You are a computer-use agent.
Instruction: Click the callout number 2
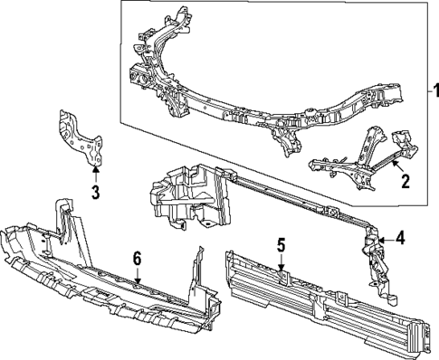coord(406,181)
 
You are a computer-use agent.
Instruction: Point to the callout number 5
coord(282,244)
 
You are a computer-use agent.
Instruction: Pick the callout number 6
coord(137,259)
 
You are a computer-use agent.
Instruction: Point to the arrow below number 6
coord(137,276)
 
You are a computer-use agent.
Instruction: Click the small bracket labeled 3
coord(79,137)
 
